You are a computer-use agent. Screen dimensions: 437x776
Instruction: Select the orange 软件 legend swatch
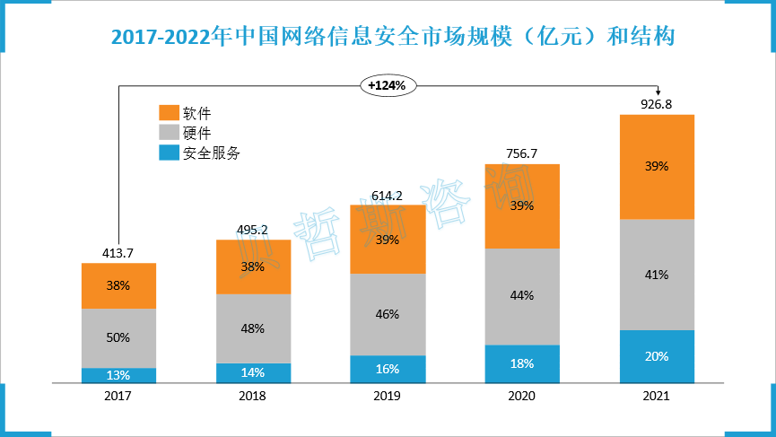click(169, 113)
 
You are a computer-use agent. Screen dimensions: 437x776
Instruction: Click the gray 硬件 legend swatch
click(169, 133)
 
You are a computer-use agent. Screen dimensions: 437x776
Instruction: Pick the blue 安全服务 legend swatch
click(169, 153)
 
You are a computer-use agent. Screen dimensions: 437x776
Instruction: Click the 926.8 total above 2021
click(657, 104)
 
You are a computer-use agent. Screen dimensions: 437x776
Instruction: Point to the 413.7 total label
click(118, 253)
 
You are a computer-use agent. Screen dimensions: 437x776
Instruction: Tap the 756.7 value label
click(521, 153)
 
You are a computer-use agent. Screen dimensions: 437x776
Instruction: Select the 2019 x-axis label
click(388, 396)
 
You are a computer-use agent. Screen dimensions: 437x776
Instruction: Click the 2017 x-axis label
click(118, 396)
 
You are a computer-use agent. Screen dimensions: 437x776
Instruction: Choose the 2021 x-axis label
click(657, 396)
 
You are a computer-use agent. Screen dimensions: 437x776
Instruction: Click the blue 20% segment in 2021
click(657, 356)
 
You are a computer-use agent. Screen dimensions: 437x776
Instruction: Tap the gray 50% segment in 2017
click(118, 337)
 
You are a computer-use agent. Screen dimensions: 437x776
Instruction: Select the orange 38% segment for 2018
click(253, 267)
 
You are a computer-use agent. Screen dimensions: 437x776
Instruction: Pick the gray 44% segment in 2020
click(521, 296)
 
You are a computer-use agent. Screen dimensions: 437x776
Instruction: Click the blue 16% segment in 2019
click(388, 369)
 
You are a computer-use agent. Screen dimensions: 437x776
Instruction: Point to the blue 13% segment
click(118, 375)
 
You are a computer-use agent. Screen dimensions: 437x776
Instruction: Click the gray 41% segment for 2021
click(657, 275)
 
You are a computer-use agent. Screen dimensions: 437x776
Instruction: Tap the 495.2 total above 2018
click(253, 229)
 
